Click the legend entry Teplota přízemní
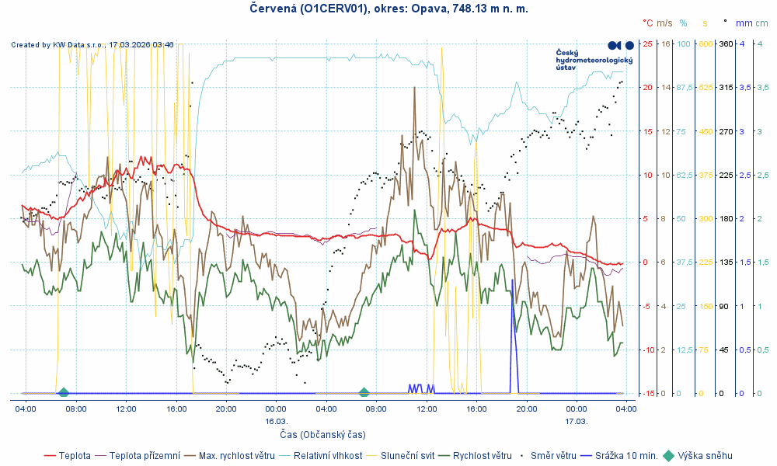tap(144, 456)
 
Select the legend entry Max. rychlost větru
tap(237, 456)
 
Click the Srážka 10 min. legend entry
tap(626, 456)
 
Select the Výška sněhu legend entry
tap(704, 456)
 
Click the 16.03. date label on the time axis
tap(277, 421)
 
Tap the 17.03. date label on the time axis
tap(577, 421)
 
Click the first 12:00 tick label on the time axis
tap(126, 409)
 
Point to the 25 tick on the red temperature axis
tap(647, 43)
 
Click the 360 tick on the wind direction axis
tap(726, 43)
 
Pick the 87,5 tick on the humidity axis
tap(685, 88)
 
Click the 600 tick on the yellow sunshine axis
tap(706, 43)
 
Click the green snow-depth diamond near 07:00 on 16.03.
tap(364, 392)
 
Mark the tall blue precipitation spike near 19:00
tap(512, 311)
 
